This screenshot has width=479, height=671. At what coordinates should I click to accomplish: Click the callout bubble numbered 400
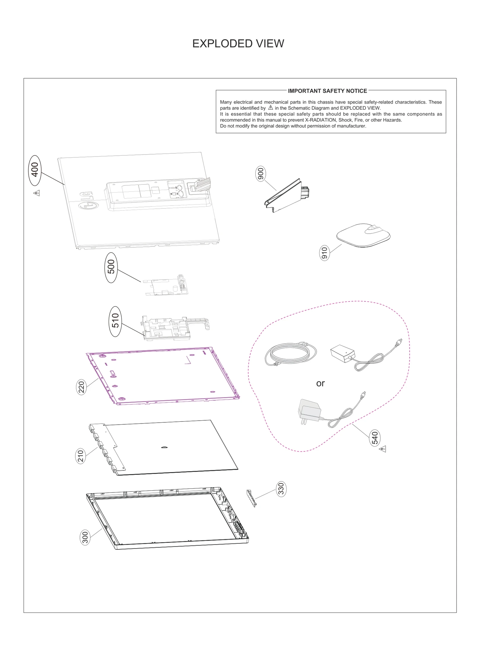tap(35, 170)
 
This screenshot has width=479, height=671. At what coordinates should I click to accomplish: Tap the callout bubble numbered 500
tap(111, 268)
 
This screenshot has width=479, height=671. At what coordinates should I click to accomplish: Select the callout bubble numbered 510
tap(116, 321)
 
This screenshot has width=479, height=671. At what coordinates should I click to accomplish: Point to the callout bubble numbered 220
tap(81, 387)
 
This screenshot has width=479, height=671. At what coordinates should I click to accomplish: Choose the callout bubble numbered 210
tap(81, 456)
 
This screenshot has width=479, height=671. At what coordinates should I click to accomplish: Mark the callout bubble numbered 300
tap(85, 537)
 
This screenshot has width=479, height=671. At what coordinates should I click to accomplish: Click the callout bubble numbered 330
tap(281, 489)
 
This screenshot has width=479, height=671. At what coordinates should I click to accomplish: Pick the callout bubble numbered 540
tap(375, 438)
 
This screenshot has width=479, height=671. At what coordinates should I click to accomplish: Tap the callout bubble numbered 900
tap(261, 174)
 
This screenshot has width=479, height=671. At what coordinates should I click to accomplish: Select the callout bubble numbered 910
tap(324, 253)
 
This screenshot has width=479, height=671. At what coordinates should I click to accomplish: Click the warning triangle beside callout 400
tap(37, 193)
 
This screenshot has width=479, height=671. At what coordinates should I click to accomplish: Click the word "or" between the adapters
tap(320, 383)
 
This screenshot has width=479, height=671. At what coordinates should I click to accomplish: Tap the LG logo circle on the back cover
tap(88, 205)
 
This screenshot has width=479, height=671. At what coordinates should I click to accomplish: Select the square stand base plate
tap(363, 235)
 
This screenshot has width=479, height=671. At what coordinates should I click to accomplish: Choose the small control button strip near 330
tap(251, 498)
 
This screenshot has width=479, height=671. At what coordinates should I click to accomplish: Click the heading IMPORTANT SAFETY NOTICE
tap(327, 91)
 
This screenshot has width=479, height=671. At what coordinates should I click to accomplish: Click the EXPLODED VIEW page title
tap(238, 44)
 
